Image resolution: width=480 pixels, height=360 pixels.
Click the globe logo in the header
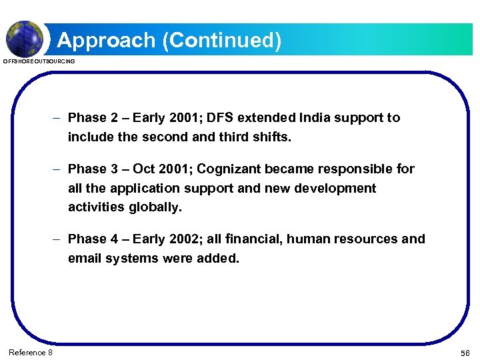coord(25,37)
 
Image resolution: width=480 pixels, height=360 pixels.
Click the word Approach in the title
coord(106,41)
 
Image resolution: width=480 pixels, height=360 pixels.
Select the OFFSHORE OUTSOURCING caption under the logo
coord(39,61)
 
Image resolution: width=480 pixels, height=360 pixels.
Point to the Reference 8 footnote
coord(31,352)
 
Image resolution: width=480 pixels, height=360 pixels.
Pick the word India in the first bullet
coord(300,118)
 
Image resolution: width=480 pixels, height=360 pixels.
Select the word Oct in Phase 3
coord(144,169)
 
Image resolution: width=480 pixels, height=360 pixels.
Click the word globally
coord(155,207)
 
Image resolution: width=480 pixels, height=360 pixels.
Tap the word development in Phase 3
coord(335,189)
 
